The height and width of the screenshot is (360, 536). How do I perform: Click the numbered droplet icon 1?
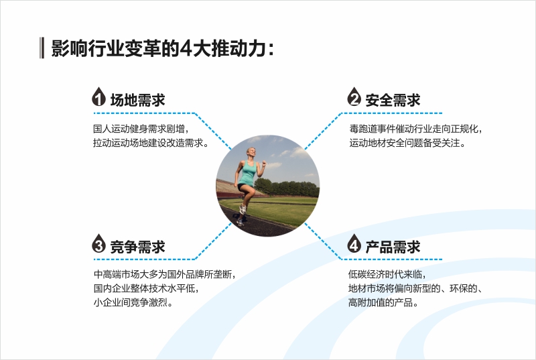[98, 97]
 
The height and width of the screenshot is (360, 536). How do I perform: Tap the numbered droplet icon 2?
[354, 97]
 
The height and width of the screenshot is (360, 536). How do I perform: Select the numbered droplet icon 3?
[98, 243]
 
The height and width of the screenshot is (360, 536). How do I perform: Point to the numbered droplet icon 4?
[354, 243]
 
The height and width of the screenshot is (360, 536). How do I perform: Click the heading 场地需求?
[138, 100]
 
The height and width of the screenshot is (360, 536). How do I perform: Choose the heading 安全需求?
[393, 100]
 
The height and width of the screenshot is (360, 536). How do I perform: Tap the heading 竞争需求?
[138, 247]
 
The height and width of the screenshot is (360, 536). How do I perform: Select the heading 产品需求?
[393, 247]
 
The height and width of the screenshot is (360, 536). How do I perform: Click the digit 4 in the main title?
[186, 48]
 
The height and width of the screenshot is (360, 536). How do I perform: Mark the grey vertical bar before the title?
[42, 48]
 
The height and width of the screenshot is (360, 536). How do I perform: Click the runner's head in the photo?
[251, 153]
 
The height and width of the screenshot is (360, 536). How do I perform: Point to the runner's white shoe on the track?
[243, 209]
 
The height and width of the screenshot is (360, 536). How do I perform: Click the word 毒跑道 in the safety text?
[363, 129]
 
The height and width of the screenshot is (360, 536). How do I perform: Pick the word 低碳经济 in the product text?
[366, 274]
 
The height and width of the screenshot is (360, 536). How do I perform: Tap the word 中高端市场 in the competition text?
[116, 274]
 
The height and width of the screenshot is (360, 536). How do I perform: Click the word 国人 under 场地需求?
[103, 129]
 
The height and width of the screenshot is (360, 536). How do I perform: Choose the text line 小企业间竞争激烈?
[133, 302]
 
